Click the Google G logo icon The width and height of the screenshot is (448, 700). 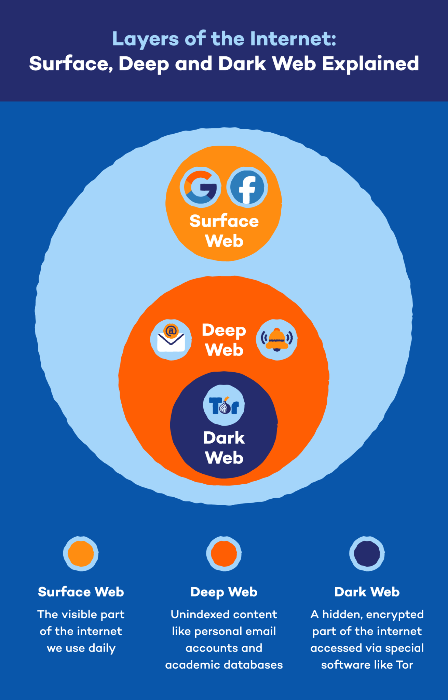pos(200,187)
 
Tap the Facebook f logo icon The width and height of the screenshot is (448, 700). pos(247,187)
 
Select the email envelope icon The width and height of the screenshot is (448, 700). pos(171,339)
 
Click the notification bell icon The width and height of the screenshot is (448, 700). pos(277,339)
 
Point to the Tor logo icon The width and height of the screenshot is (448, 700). pos(224,405)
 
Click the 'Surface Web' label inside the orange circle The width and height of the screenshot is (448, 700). pos(224,231)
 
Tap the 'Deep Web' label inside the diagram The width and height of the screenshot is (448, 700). pos(224,340)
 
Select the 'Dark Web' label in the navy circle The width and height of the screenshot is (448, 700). pos(224,447)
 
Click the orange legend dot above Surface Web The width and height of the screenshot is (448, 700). pos(81,553)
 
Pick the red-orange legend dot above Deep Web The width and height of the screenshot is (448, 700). pos(224,553)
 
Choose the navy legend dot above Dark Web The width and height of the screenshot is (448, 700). pos(367,553)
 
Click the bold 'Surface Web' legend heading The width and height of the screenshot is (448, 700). pos(81,592)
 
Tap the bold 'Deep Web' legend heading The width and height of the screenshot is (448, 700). pos(224,592)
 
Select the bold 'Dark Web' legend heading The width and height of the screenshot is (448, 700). pos(367,592)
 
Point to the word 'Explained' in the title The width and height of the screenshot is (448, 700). pos(370,64)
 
